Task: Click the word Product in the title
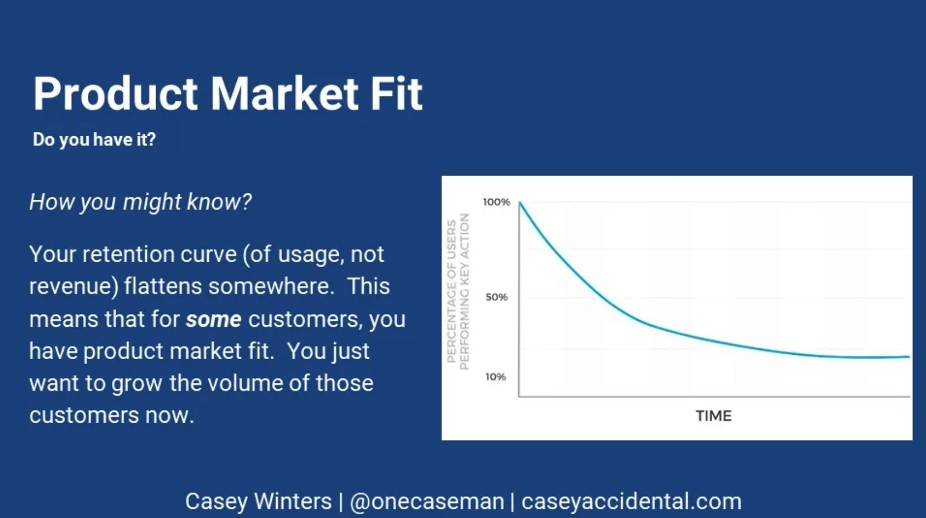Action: coord(115,94)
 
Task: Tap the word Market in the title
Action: coord(284,94)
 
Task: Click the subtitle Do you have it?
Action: coord(94,139)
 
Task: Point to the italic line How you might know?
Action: coord(141,202)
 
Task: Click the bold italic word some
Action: coord(214,319)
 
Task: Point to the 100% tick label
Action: coord(496,202)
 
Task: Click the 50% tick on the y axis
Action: coord(496,297)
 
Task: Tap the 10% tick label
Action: coord(495,377)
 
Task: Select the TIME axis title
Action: coord(713,416)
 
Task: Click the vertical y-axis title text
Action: coord(458,291)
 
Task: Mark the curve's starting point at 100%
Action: coord(520,202)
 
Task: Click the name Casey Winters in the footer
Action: coord(258,501)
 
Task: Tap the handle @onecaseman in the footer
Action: coord(427,501)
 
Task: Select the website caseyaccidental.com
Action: coord(632,501)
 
